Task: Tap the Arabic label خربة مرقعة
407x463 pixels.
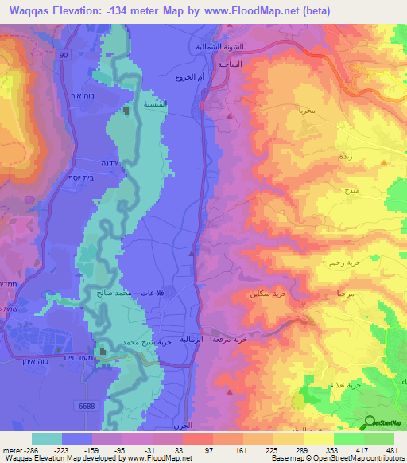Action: click(x=230, y=339)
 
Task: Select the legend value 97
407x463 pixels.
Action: click(x=209, y=450)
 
